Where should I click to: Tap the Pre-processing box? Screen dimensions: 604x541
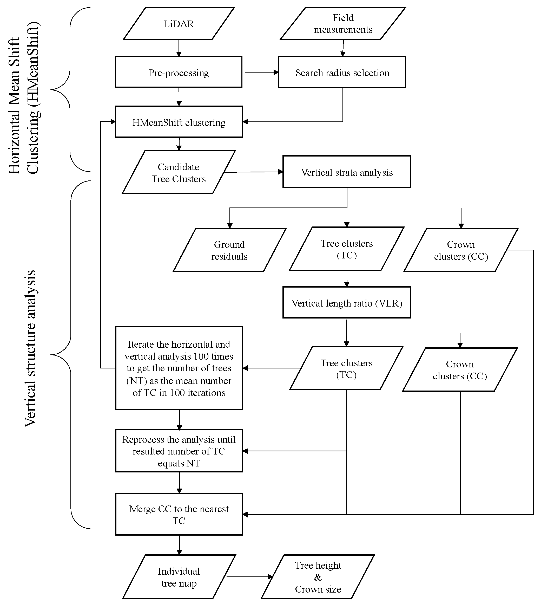(179, 72)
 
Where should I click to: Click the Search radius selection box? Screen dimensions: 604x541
(342, 73)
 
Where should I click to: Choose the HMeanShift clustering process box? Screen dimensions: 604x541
(179, 122)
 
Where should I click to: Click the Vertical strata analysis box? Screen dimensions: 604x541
(347, 172)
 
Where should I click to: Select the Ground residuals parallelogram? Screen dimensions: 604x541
(229, 250)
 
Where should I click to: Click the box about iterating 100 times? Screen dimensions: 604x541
(179, 368)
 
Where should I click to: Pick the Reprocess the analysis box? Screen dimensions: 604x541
(179, 451)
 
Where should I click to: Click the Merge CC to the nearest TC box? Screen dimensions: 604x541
(179, 515)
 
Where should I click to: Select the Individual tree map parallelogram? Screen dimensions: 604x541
(179, 577)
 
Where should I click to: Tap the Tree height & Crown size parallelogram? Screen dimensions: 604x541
(318, 577)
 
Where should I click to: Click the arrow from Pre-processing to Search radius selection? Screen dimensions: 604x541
(260, 72)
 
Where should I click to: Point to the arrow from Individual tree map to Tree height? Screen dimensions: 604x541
(248, 577)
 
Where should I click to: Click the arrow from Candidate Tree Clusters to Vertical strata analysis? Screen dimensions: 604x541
(253, 172)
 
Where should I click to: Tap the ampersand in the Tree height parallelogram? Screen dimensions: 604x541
(318, 577)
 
